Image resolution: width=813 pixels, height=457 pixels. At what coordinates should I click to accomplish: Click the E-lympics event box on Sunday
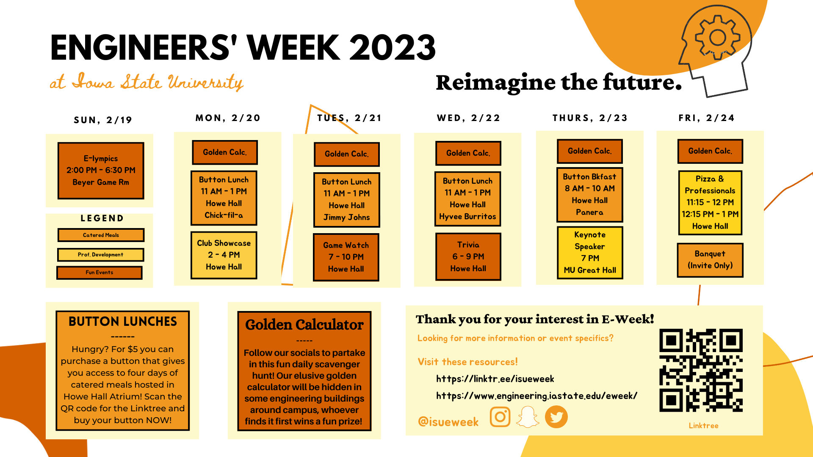coord(101,171)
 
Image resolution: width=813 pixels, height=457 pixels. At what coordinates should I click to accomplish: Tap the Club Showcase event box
coord(224,255)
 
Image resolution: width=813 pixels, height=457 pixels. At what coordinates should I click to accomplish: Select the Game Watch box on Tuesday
coord(346,257)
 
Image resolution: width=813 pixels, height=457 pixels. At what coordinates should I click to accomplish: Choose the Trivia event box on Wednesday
coord(468,256)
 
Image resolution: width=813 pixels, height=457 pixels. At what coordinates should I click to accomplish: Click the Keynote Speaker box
coord(590,253)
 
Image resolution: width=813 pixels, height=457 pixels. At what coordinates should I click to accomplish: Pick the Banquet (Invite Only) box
coord(710,260)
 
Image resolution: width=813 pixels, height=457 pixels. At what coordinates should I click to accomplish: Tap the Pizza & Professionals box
coord(710,203)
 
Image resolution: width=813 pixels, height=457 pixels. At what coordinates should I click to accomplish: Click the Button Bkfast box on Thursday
coord(589,195)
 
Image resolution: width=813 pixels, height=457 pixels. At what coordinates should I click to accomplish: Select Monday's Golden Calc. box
coord(225,152)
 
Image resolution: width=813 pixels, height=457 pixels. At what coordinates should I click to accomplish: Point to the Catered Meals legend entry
coord(101,235)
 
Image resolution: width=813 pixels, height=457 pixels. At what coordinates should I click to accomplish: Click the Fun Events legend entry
coord(100,273)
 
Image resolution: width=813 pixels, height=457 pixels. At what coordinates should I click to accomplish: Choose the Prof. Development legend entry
coord(101,255)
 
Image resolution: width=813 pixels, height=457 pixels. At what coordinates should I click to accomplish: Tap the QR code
coord(701,370)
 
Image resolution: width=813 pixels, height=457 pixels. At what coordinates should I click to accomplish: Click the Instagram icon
coord(500,417)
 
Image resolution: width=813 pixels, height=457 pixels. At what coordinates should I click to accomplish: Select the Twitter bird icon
coord(556,417)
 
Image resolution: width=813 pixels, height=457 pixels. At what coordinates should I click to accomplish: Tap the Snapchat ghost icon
coord(528,417)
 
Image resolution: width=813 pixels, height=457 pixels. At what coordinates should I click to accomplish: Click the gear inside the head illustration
coord(718,37)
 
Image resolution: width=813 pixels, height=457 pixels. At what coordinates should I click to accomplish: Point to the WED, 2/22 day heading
coord(469,118)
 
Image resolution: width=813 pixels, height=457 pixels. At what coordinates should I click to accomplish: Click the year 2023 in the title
coord(393,47)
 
